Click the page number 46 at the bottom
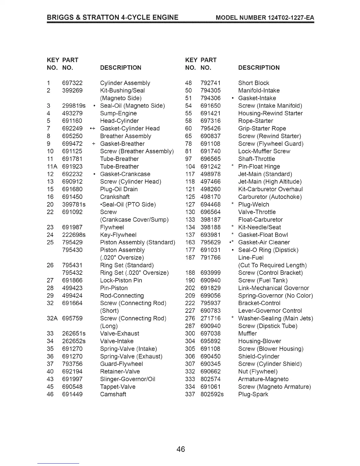point(181,449)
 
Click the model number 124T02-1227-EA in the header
point(291,18)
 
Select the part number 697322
point(72,83)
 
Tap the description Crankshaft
point(115,197)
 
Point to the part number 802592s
point(212,394)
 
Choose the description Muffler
point(247,333)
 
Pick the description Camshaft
point(113,394)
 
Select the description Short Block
point(254,83)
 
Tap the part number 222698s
point(74,235)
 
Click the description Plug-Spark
point(253,394)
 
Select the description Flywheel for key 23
point(112,227)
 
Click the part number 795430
point(72,250)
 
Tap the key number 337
point(190,394)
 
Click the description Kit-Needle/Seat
point(259,227)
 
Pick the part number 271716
point(210,318)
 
